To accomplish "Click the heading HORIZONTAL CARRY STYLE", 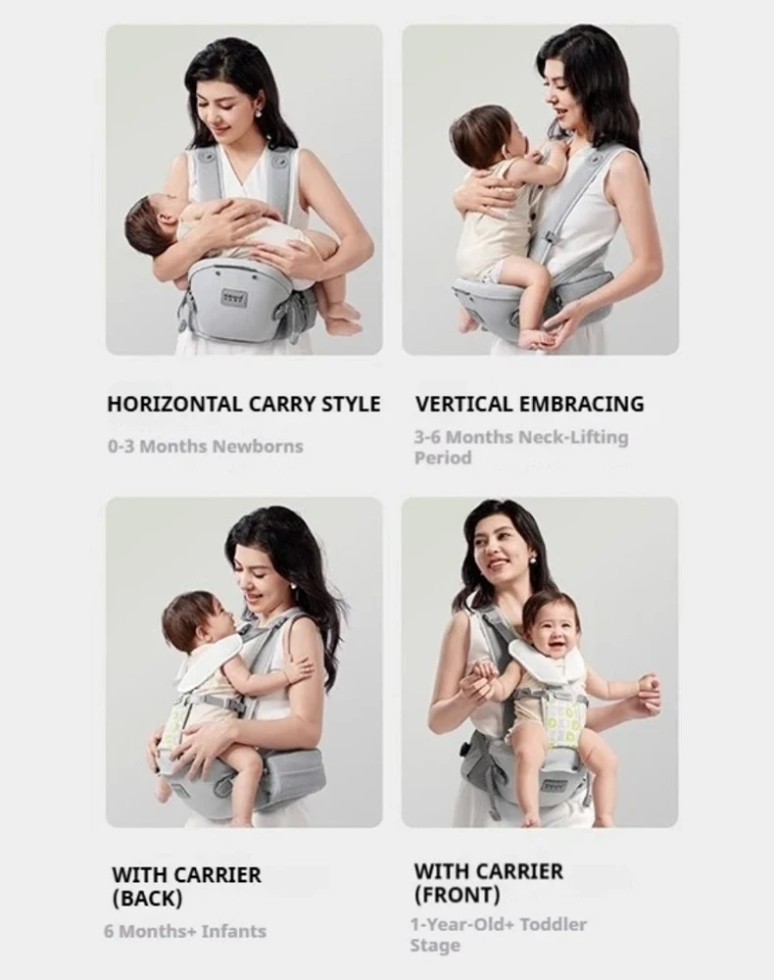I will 243,404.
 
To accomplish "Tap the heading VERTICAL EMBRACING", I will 529,404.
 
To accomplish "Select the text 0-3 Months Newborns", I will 205,447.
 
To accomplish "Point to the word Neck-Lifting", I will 573,437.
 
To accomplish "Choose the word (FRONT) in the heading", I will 457,894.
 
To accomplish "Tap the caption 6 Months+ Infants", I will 184,931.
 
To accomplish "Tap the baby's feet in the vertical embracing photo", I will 535,335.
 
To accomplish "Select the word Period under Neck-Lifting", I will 442,458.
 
